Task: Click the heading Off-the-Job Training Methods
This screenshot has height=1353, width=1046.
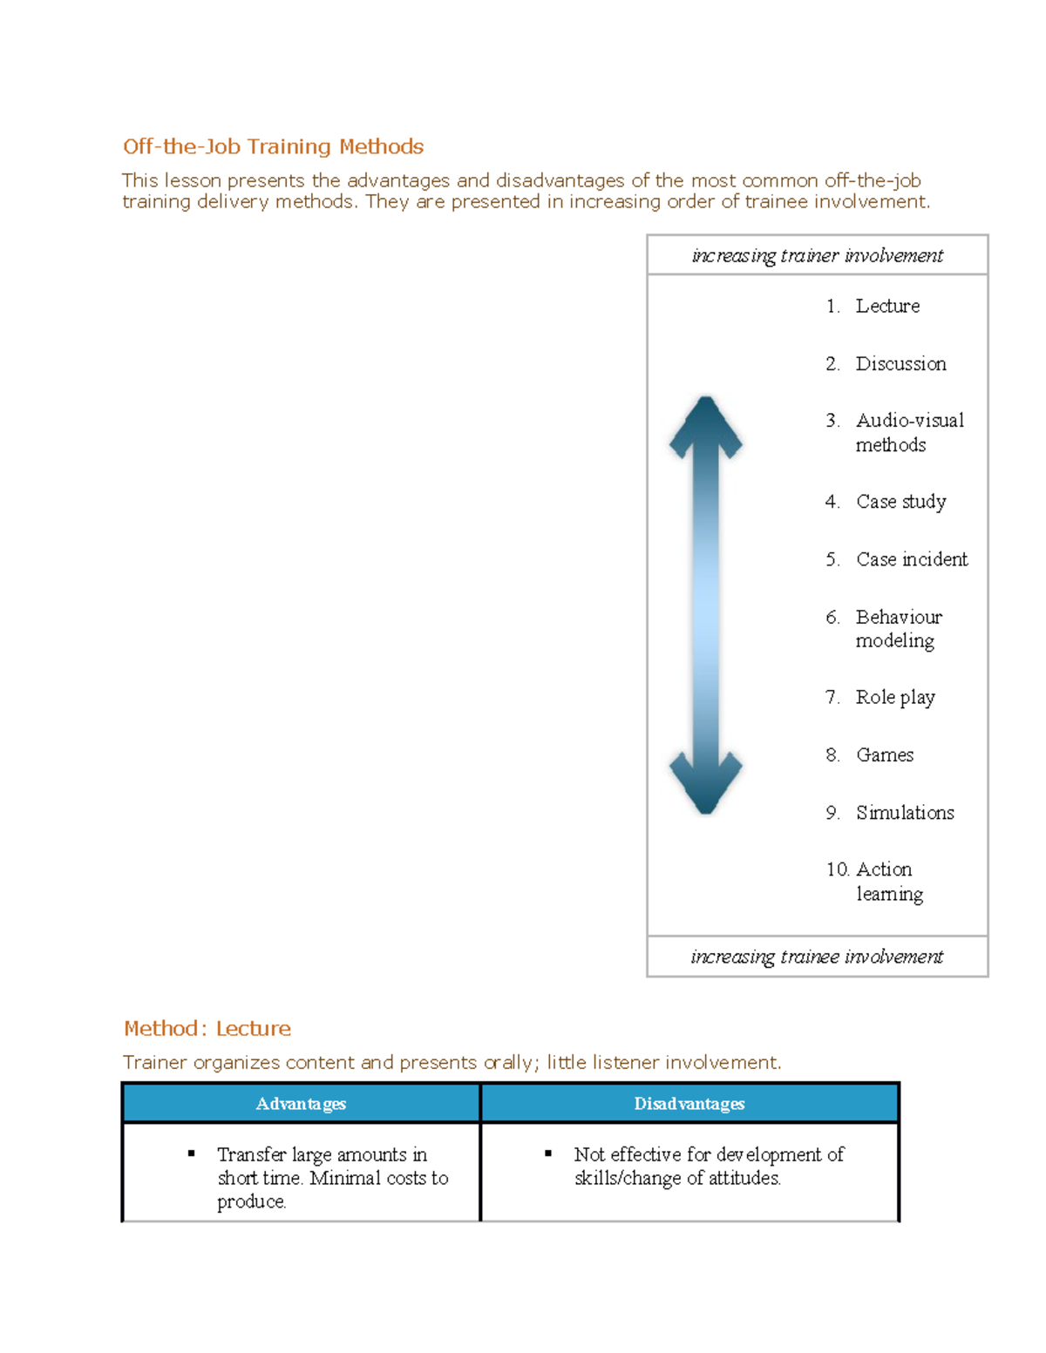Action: pos(273,146)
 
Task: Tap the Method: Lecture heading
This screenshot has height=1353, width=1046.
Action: pos(207,1028)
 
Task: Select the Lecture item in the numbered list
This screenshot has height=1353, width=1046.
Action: pos(886,306)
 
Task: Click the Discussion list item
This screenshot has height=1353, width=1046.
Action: pos(900,363)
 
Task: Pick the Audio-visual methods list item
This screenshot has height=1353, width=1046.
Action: pos(908,432)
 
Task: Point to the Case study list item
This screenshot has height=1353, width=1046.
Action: pos(900,502)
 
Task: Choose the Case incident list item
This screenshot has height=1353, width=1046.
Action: pos(911,559)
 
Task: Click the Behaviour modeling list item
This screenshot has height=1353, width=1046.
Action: pos(898,628)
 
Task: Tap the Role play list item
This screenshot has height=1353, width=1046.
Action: pos(894,697)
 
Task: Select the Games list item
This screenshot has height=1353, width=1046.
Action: pos(884,754)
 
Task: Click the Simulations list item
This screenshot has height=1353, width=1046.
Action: pos(904,812)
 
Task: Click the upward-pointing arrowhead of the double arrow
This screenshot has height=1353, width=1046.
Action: pos(706,423)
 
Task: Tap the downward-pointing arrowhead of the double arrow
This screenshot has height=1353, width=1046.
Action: pos(706,786)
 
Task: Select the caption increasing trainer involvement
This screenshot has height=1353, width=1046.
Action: pos(817,255)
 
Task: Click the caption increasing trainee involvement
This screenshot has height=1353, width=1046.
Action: pos(817,957)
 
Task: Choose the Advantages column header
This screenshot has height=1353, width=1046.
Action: pos(301,1104)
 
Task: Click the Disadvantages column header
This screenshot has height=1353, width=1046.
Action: pos(689,1104)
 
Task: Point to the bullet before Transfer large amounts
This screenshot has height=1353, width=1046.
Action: pos(192,1153)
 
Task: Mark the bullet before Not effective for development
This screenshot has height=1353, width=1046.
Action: pos(548,1153)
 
